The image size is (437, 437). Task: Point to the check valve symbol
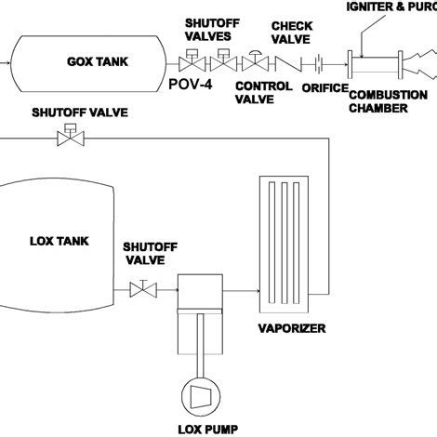(x=286, y=64)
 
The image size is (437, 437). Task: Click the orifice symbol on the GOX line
(x=319, y=64)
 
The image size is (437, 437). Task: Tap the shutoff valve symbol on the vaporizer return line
(x=66, y=139)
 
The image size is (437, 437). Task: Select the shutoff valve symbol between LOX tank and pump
(x=144, y=291)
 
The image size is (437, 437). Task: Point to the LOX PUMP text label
(x=202, y=429)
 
